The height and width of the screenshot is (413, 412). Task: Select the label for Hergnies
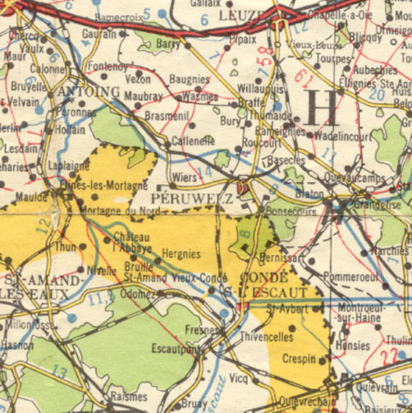181,255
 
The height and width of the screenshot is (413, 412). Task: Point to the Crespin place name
299,360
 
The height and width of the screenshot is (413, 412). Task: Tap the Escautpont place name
176,348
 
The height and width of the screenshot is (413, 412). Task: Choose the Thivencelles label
267,337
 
